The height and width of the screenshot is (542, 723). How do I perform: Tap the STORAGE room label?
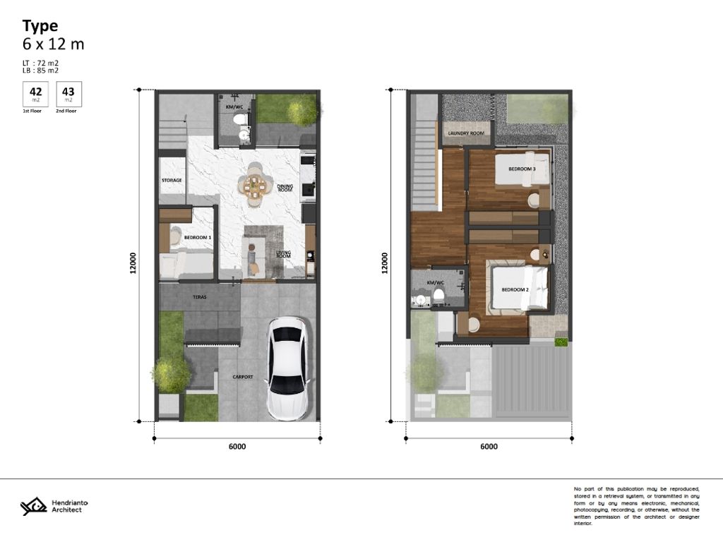(171, 180)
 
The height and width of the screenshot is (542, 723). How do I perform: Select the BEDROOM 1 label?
(198, 238)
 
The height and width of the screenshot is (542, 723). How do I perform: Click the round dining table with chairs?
(254, 186)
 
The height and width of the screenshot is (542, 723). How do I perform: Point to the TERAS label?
(199, 297)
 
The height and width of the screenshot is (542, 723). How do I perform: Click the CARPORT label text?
(243, 377)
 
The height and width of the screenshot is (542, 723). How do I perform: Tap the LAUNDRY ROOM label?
(466, 133)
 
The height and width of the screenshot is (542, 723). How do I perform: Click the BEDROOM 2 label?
(515, 289)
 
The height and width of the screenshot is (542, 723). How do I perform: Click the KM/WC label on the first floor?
(234, 107)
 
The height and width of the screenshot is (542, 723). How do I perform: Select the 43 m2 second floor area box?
(68, 94)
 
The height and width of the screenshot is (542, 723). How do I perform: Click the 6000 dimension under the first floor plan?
(237, 446)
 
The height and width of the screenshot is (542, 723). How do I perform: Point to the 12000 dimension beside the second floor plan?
(385, 263)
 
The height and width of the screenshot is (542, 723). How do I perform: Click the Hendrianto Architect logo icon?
(33, 506)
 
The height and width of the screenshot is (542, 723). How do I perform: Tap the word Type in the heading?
(40, 26)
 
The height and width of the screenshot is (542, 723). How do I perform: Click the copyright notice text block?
(636, 505)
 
